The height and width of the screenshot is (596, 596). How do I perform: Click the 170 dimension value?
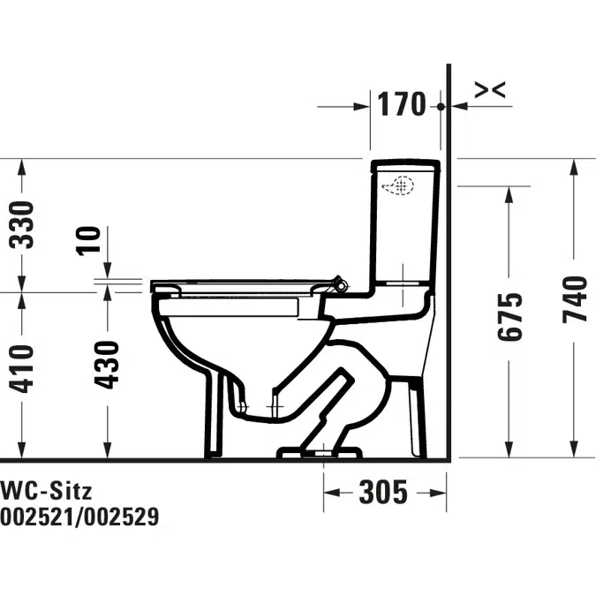403,104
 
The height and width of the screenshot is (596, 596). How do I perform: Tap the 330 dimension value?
24,224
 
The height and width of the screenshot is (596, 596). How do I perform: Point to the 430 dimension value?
108,364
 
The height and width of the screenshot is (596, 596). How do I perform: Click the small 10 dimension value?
89,240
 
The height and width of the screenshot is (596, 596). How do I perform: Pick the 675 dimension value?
509,316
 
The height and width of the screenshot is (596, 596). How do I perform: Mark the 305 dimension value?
383,491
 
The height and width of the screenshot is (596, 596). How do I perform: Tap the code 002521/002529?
79,517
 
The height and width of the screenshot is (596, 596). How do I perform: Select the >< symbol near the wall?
490,89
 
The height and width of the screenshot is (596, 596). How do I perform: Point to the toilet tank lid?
404,165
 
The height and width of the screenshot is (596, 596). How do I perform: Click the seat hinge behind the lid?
337,283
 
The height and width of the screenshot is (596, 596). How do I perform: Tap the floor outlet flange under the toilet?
321,454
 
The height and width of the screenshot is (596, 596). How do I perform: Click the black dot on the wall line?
441,106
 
